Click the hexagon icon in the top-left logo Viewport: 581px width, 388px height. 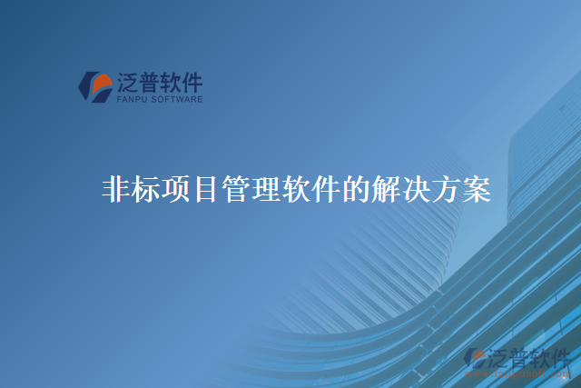94,86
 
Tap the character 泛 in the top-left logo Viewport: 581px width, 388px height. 127,83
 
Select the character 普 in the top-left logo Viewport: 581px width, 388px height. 148,83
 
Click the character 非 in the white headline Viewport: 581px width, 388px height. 115,191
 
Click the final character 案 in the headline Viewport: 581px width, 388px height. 475,191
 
